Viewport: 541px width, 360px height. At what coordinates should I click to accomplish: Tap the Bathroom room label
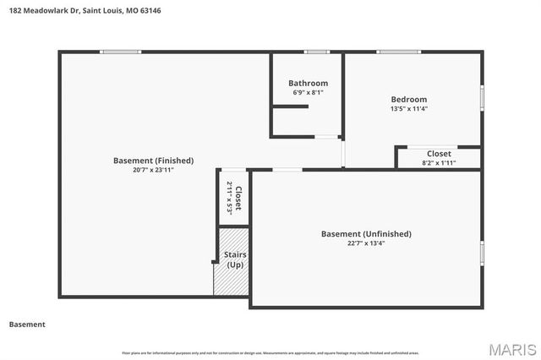[308, 83]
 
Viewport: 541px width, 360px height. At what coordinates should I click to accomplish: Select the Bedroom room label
[408, 99]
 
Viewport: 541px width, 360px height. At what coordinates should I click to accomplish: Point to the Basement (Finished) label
[153, 160]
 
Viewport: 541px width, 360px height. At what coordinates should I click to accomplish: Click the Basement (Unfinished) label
[366, 233]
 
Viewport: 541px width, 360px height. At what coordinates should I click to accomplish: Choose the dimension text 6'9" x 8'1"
[308, 93]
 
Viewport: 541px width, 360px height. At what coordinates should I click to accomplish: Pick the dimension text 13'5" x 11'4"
[408, 109]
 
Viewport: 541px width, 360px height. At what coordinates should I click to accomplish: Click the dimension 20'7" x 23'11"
[153, 170]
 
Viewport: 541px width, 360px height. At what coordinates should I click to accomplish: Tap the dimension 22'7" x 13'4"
[366, 243]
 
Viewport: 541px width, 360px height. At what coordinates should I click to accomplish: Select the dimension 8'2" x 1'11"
[438, 162]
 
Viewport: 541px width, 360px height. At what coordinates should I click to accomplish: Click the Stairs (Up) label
[234, 259]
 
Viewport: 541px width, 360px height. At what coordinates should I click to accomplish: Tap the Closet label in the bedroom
[438, 153]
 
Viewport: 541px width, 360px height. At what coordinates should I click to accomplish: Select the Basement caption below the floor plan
[27, 325]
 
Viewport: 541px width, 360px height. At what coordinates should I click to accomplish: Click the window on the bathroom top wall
[316, 52]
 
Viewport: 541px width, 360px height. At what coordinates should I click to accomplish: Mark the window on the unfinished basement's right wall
[483, 252]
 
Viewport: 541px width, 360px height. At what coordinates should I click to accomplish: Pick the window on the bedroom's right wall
[483, 96]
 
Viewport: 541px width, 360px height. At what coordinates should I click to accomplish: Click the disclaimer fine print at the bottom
[270, 352]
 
